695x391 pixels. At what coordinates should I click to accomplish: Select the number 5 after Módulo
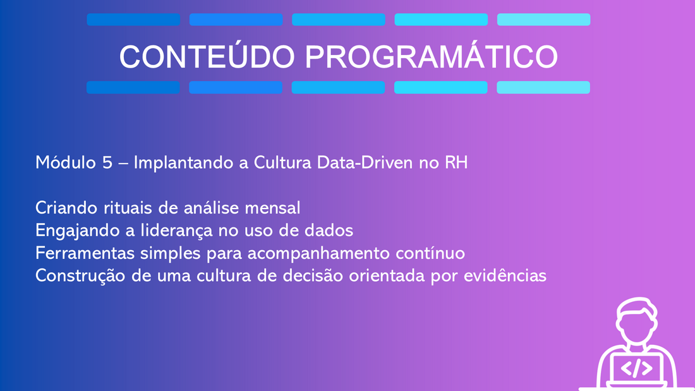tap(107, 163)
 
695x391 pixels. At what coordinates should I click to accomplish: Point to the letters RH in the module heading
tap(456, 163)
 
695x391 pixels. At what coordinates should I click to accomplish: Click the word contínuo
tap(430, 253)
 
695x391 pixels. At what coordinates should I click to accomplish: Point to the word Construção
tap(80, 276)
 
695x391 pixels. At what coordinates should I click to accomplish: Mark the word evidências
tap(505, 276)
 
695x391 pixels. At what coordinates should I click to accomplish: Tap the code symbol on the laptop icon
tap(636, 368)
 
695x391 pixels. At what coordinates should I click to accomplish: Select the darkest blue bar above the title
tap(133, 20)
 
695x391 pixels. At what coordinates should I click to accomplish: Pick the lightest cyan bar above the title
tap(544, 20)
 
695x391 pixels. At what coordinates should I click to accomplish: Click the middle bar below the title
tap(338, 87)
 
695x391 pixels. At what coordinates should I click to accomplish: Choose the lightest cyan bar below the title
tap(543, 87)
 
